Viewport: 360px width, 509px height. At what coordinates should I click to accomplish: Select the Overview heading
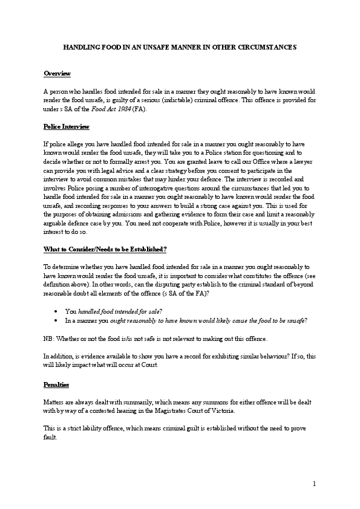click(x=57, y=73)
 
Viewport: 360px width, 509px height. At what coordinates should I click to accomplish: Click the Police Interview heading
click(x=67, y=127)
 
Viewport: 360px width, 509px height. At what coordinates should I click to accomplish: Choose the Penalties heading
click(x=56, y=384)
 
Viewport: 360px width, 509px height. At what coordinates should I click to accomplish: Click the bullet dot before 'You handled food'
click(x=56, y=310)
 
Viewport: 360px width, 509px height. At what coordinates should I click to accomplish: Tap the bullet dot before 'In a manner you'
click(x=56, y=320)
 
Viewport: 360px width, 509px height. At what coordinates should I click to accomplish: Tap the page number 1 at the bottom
click(x=315, y=484)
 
